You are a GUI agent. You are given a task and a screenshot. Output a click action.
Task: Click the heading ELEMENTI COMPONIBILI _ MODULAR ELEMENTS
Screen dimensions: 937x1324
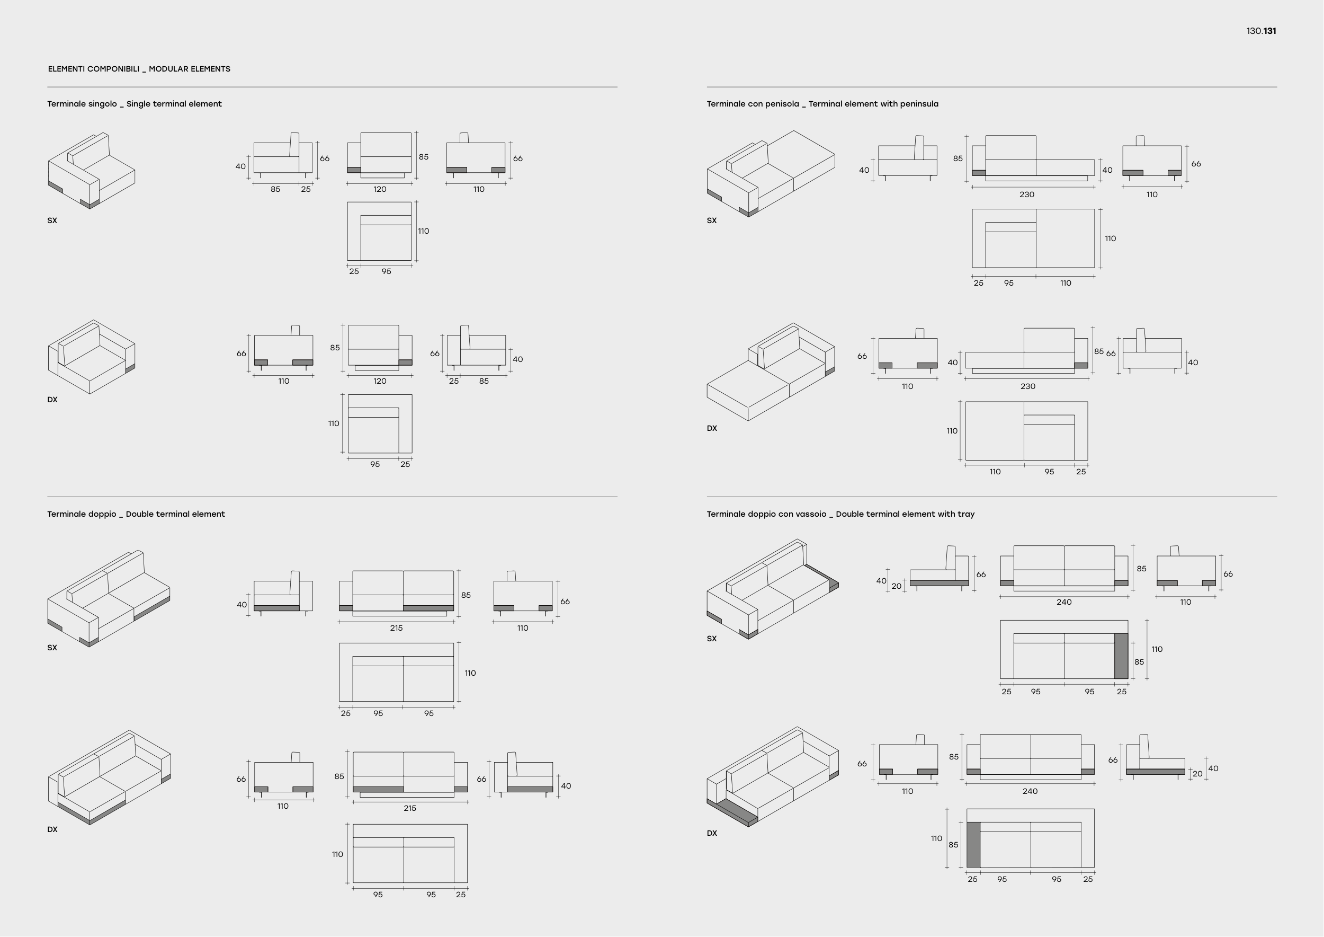139,69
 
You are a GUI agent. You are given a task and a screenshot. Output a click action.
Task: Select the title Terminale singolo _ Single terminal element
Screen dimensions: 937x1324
135,104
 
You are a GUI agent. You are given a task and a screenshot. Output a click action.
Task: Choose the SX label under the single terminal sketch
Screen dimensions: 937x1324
52,220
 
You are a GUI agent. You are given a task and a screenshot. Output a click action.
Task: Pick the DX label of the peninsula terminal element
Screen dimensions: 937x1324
712,428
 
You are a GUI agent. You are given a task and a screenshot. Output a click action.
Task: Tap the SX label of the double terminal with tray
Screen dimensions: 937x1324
712,639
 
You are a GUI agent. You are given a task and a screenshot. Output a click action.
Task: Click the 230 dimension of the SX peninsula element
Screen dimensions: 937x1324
1026,195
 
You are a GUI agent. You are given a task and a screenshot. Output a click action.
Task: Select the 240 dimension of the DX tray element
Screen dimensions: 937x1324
1030,791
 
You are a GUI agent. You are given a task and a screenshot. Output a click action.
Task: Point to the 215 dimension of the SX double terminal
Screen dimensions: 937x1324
396,627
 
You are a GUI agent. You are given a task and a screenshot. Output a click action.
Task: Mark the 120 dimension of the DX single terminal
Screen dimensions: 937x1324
379,381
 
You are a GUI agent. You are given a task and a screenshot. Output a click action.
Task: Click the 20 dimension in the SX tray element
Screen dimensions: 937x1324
896,586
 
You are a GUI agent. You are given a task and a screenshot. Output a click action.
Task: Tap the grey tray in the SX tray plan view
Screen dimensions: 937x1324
1121,656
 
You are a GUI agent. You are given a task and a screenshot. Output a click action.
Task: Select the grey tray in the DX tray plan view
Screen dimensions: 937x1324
973,845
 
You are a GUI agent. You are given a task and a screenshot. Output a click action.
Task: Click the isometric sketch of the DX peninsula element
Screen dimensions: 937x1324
771,372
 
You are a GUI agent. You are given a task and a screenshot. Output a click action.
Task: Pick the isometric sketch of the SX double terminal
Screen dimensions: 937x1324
109,598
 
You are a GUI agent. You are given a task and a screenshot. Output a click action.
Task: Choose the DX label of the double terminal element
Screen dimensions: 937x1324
52,830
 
